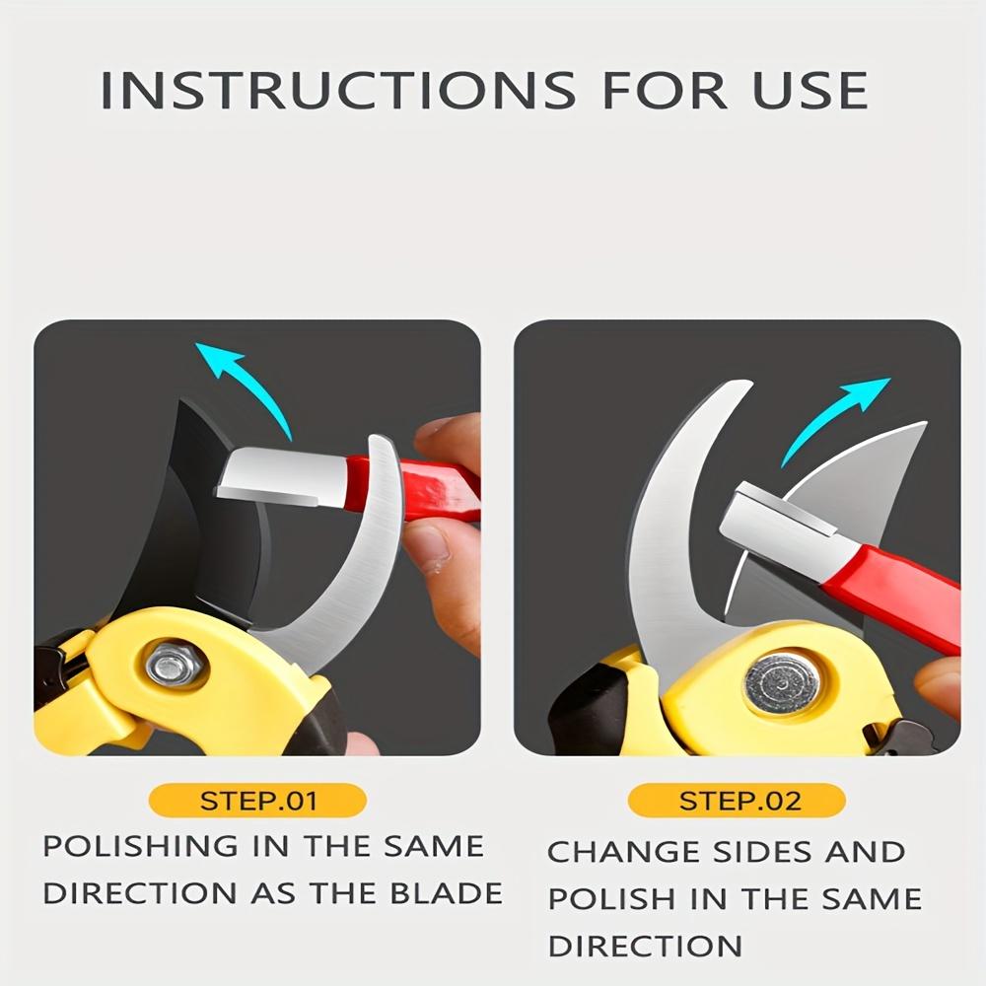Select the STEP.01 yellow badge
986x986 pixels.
coord(258,800)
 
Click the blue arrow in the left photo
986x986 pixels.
coord(242,380)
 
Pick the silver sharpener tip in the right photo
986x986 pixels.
coord(779,528)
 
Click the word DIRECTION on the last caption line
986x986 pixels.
coord(645,947)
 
